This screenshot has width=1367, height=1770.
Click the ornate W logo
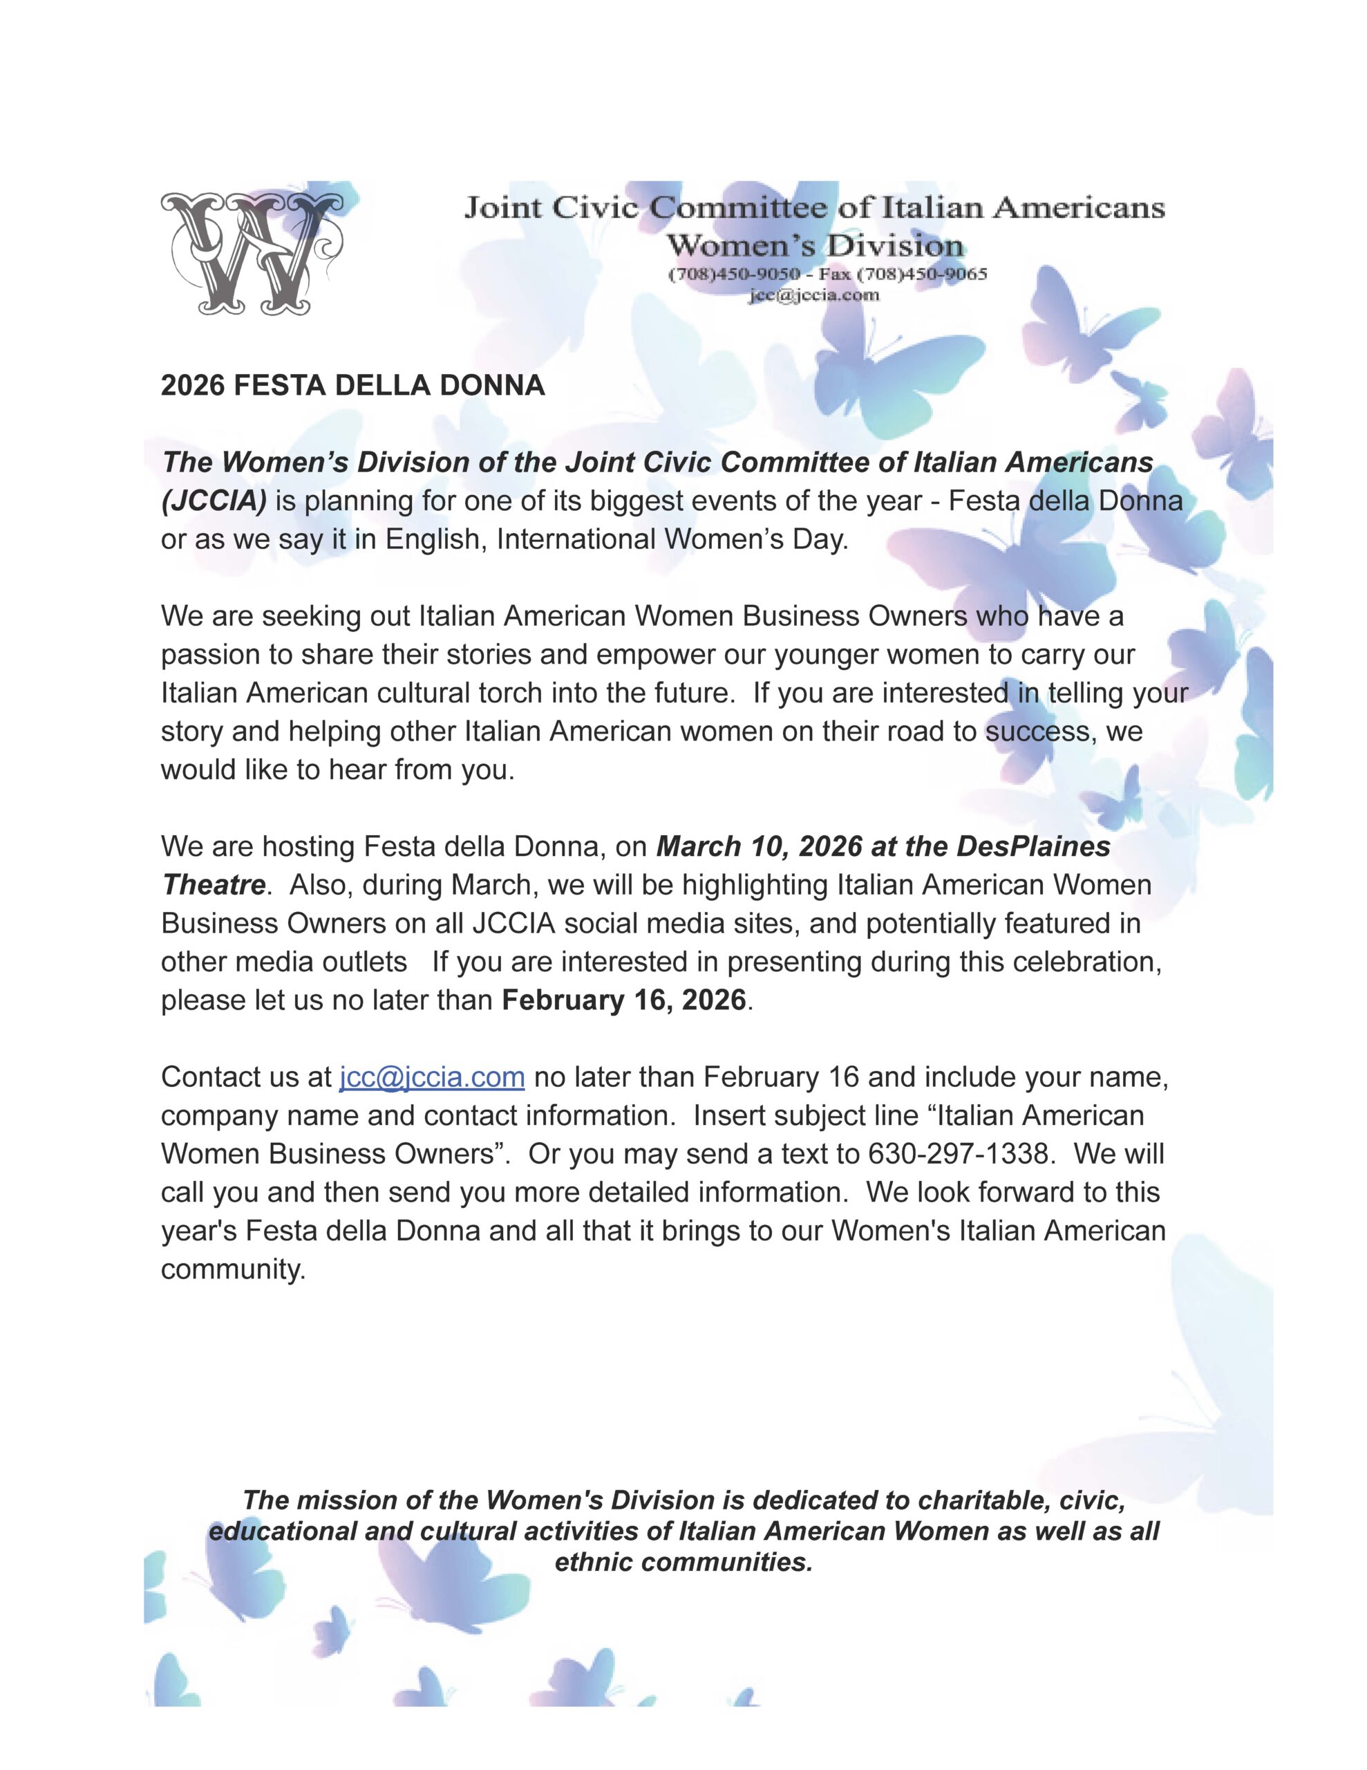pos(250,254)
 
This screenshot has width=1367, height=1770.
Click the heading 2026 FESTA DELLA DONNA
pos(352,385)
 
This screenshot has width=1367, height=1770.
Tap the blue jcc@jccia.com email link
pos(431,1077)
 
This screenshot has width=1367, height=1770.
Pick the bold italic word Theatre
pos(213,885)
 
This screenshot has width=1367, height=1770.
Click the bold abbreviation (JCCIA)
pos(214,501)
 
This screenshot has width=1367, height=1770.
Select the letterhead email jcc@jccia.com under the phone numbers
pos(813,295)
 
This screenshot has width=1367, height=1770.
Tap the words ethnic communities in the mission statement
pos(683,1562)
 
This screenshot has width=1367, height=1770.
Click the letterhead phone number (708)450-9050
pos(734,274)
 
